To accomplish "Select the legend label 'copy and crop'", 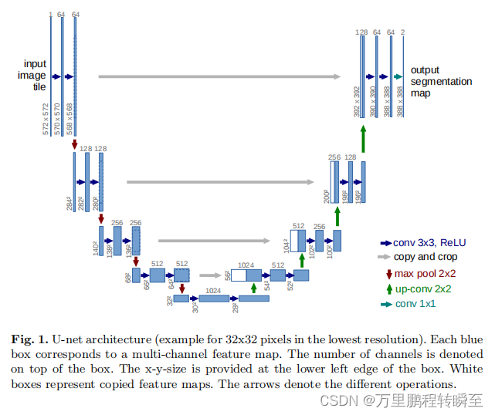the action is [x=425, y=257].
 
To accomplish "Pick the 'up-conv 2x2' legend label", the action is [x=423, y=289].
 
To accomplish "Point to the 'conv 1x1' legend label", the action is [x=415, y=304].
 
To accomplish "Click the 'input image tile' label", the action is [x=35, y=76].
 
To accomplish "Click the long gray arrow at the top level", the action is [x=219, y=76].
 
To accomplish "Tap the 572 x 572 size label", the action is [x=46, y=118].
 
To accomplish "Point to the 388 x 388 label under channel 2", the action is [x=400, y=101].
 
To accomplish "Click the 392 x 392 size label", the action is [x=356, y=101].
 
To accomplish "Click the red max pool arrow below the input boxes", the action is [x=75, y=144].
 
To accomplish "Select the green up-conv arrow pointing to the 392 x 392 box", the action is [x=362, y=140].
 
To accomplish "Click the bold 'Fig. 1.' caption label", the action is [x=29, y=339].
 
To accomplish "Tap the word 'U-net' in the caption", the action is [x=66, y=339].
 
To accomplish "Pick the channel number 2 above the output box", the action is [x=403, y=32].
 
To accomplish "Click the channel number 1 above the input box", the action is [x=51, y=14].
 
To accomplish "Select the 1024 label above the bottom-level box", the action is [x=214, y=291].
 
